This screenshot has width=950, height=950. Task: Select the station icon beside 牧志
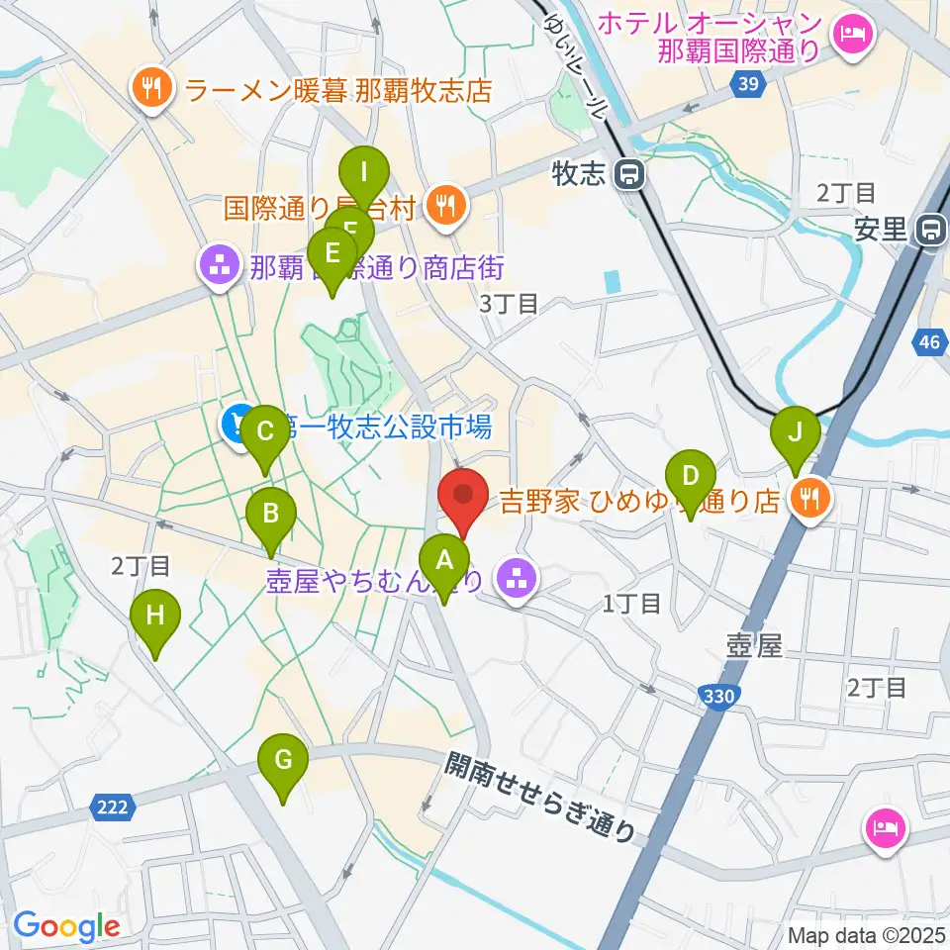click(627, 176)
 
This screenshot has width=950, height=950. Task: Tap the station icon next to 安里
click(930, 232)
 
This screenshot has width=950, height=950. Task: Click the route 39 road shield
click(748, 86)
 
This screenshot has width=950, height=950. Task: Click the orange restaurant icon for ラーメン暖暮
click(150, 92)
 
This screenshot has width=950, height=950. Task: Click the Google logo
click(66, 926)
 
